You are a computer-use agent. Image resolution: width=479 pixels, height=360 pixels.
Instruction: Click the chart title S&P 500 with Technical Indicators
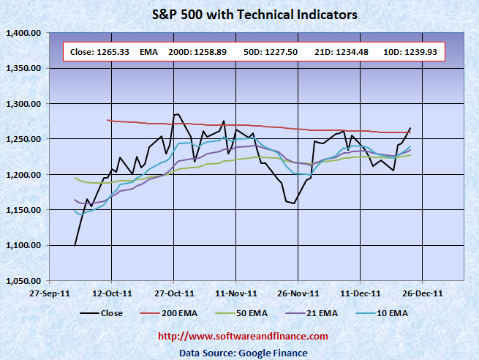tap(239, 14)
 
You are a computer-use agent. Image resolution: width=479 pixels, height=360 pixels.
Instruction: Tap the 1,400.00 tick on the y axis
tap(23, 33)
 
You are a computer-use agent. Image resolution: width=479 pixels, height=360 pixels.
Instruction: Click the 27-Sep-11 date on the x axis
tap(49, 291)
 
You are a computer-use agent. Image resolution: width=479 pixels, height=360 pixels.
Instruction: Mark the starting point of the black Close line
tap(75, 246)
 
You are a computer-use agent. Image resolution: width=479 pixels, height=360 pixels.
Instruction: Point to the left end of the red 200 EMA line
tap(108, 120)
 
